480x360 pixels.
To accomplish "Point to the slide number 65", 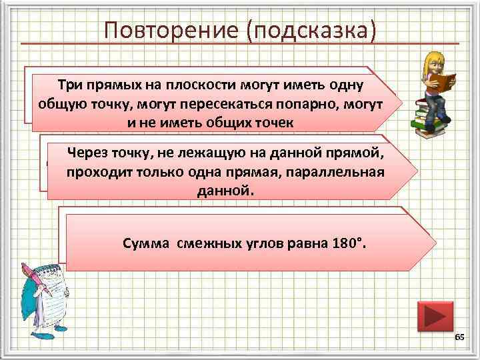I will click(x=459, y=339).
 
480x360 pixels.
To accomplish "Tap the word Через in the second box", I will click(x=91, y=153).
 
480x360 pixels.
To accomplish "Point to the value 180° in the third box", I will click(x=348, y=243).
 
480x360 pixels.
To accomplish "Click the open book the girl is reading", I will click(x=442, y=81).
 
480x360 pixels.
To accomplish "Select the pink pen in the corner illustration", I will click(x=37, y=281).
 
